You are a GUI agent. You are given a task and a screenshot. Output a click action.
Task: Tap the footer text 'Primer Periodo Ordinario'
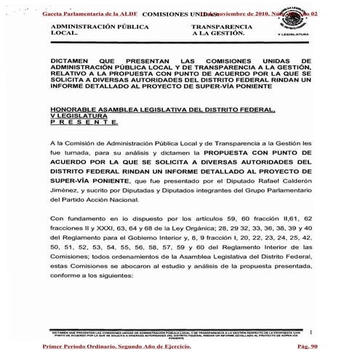(x=81, y=348)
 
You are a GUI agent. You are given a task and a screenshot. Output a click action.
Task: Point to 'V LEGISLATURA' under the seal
(x=295, y=34)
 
